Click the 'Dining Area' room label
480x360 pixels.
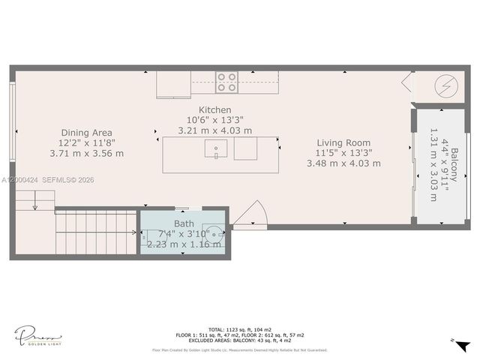pos(86,131)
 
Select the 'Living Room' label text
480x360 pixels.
pos(343,142)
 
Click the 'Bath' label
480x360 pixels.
pos(184,223)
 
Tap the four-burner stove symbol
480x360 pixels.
pos(226,82)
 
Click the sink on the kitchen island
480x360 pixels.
pos(216,148)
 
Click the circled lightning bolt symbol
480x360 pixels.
pos(445,85)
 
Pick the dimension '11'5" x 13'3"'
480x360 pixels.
pos(343,153)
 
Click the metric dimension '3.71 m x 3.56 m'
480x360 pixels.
pos(86,153)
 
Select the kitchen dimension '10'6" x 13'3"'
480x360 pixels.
pos(215,120)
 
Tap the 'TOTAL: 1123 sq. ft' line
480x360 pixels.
pos(239,328)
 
